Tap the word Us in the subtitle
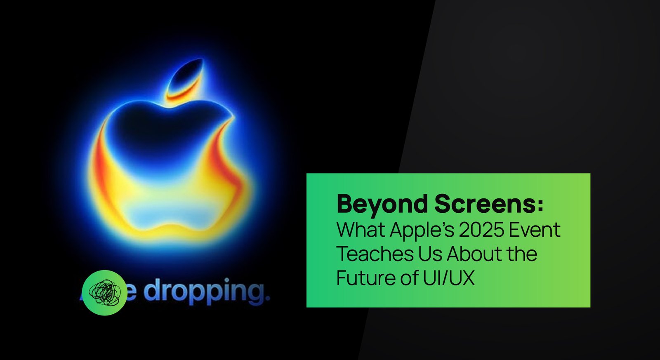pos(430,254)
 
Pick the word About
pos(474,254)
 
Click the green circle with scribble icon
pos(105,293)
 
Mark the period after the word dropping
pos(267,298)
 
